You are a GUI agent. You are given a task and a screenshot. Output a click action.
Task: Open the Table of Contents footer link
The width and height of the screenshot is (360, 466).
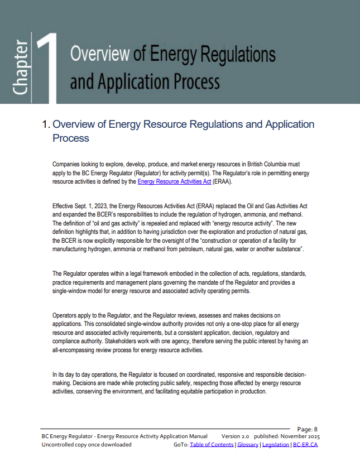(212, 444)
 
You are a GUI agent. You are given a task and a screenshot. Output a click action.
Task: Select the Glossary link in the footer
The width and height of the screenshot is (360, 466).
(248, 444)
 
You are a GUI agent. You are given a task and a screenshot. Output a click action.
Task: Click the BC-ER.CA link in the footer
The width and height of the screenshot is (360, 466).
(305, 444)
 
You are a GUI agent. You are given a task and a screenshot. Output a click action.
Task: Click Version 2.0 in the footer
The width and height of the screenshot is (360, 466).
(235, 436)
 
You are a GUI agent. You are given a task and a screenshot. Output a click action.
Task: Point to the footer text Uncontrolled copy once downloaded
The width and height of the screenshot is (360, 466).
(87, 444)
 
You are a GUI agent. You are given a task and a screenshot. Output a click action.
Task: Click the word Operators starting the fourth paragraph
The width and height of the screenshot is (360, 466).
(65, 315)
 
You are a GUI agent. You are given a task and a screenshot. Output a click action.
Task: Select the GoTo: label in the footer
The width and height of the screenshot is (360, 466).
(181, 444)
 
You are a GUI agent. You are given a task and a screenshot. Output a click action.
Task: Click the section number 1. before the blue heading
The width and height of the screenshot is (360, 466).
(46, 124)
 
